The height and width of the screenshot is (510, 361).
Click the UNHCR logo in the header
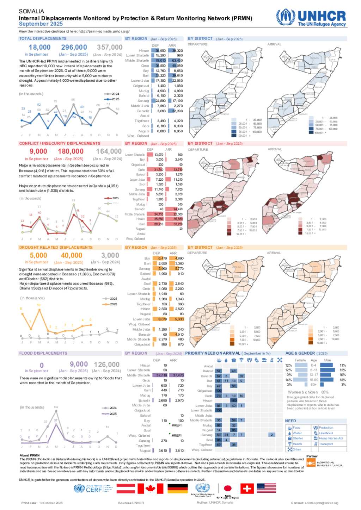[311, 18]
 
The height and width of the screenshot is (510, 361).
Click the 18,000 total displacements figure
[39, 47]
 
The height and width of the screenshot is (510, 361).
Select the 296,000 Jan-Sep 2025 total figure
[74, 47]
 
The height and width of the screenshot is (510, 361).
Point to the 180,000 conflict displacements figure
[71, 151]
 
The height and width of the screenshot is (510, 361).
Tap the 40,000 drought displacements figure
[72, 255]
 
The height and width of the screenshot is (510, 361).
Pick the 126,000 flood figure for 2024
[107, 365]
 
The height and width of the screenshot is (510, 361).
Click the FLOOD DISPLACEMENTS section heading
[43, 353]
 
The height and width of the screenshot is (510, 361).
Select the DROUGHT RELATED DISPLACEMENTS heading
[56, 248]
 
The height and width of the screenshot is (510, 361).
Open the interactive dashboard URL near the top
[104, 32]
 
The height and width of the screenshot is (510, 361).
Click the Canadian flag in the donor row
[150, 488]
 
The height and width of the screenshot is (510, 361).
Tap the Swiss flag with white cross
[247, 488]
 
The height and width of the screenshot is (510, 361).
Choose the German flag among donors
[177, 488]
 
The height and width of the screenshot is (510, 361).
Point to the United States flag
[266, 488]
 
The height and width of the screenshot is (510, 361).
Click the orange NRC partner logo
[311, 463]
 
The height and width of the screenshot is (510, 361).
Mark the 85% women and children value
[325, 392]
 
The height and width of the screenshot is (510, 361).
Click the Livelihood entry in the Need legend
[326, 433]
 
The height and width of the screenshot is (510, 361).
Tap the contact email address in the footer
[321, 503]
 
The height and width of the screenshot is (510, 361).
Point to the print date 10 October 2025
[51, 503]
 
